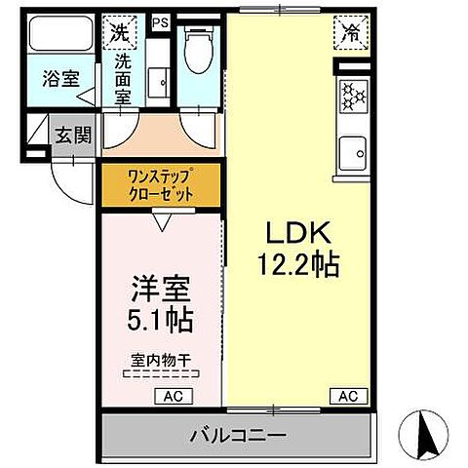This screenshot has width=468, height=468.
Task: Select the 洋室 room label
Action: click(161, 290)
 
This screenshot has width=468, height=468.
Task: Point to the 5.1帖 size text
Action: click(161, 319)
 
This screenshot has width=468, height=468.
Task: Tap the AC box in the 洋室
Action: click(171, 396)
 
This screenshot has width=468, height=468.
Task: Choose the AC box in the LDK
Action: click(348, 396)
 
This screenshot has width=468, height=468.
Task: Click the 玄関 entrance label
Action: click(73, 135)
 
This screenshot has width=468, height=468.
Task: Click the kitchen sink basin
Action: click(350, 153)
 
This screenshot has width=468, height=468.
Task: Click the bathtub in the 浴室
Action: click(58, 35)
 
